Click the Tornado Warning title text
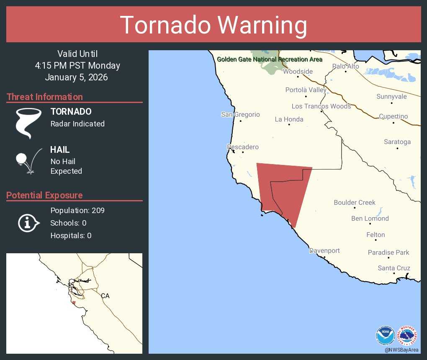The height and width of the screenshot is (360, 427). coord(213,25)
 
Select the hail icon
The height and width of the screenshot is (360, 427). coord(28,161)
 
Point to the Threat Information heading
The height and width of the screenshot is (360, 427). coord(45,97)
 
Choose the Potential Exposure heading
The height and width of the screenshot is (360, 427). coord(45,195)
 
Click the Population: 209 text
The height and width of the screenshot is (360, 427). coord(77,210)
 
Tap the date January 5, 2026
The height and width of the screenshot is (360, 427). coord(76,77)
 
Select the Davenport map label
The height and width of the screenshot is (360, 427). coord(324,251)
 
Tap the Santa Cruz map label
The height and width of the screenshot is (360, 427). coord(394,268)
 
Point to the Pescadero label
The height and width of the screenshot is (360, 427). coord(243,147)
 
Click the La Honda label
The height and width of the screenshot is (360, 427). coord(289,119)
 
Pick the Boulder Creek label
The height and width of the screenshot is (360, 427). coord(355,203)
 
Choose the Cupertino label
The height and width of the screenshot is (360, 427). coord(393,116)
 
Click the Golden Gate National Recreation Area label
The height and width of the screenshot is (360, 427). coord(270,59)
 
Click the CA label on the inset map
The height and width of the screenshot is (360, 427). coord(105,296)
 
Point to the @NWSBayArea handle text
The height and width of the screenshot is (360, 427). coord(401,350)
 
